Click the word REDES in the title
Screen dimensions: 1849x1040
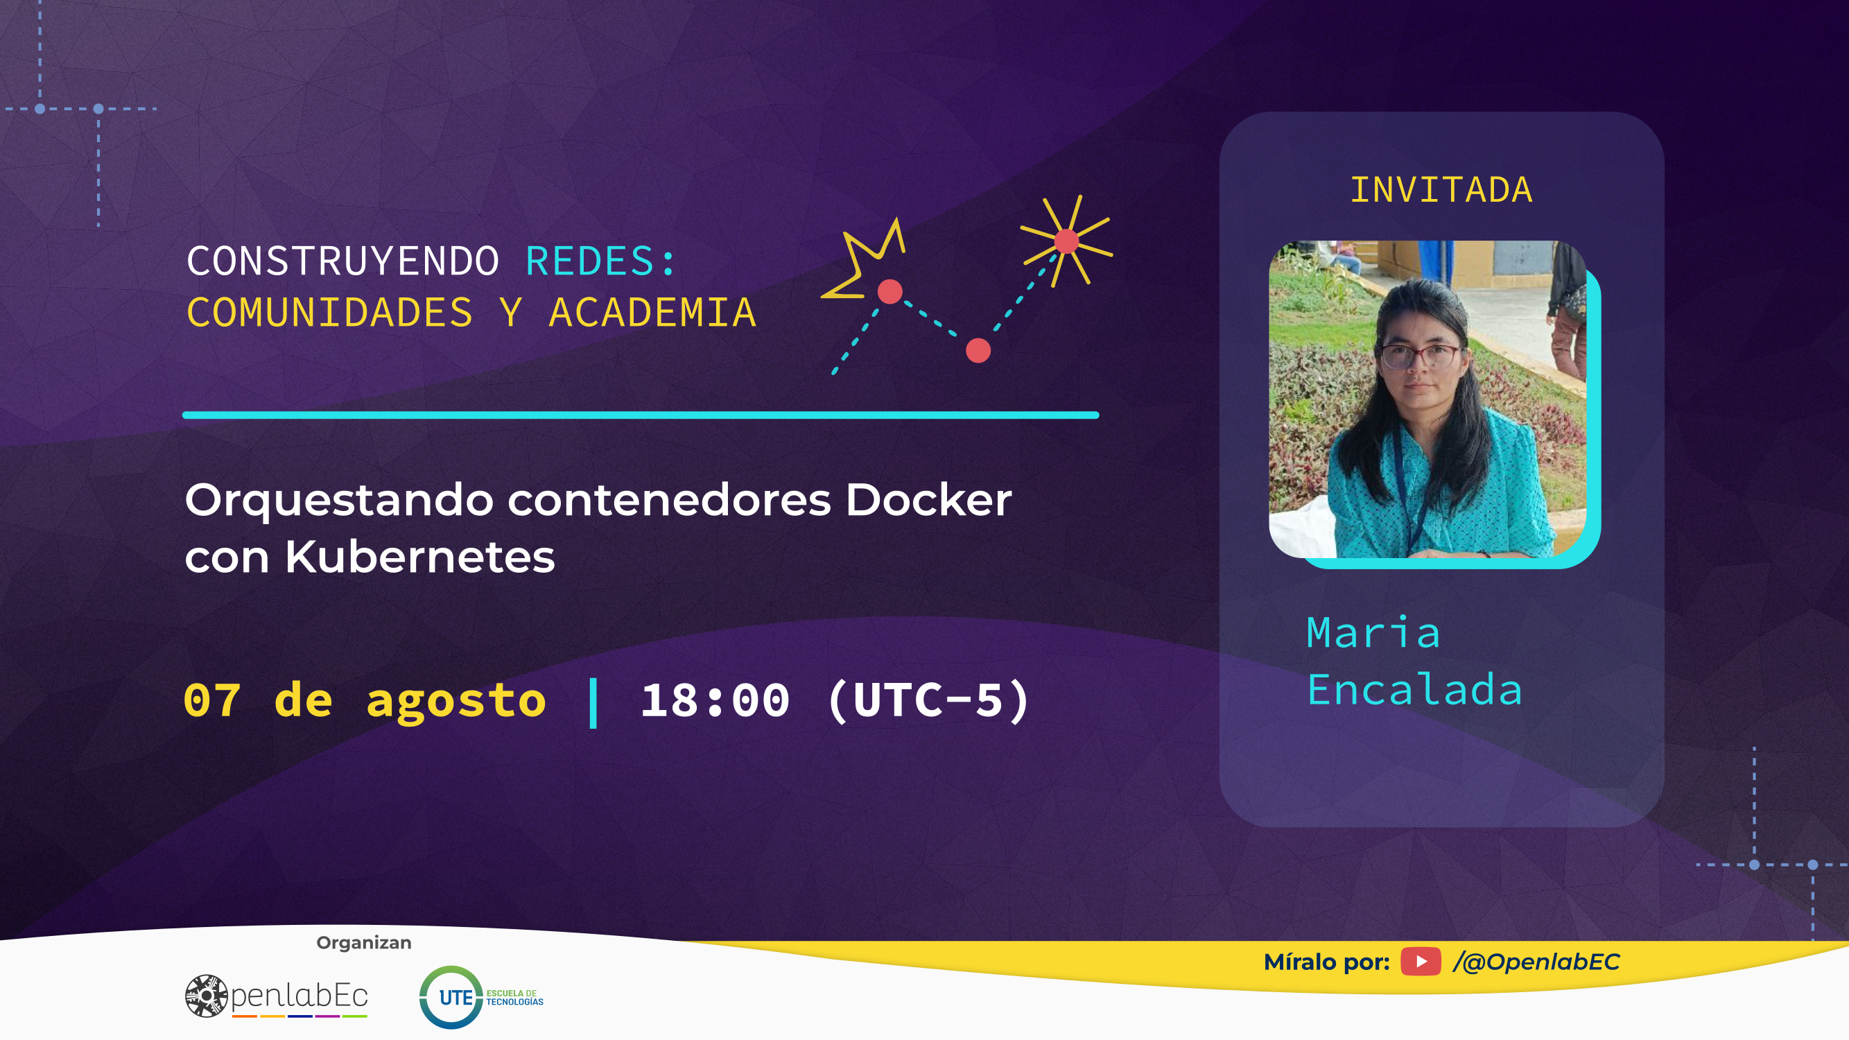(x=590, y=261)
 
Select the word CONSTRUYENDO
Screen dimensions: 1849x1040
(x=343, y=261)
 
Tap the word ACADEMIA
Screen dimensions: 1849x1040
(x=652, y=312)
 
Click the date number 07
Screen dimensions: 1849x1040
(x=211, y=700)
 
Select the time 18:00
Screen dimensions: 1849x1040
(x=715, y=700)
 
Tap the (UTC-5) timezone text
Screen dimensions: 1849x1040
(x=930, y=701)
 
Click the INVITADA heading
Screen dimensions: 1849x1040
(x=1441, y=190)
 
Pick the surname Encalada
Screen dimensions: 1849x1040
(x=1414, y=690)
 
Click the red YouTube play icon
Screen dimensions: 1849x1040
(x=1421, y=962)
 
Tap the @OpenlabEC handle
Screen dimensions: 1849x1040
(x=1536, y=962)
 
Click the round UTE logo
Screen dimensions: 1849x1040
(x=451, y=997)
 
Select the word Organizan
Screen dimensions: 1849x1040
(x=364, y=942)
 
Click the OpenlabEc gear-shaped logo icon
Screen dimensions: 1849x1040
(x=206, y=996)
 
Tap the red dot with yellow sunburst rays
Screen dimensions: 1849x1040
(x=1066, y=241)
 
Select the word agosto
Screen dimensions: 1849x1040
(x=456, y=703)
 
